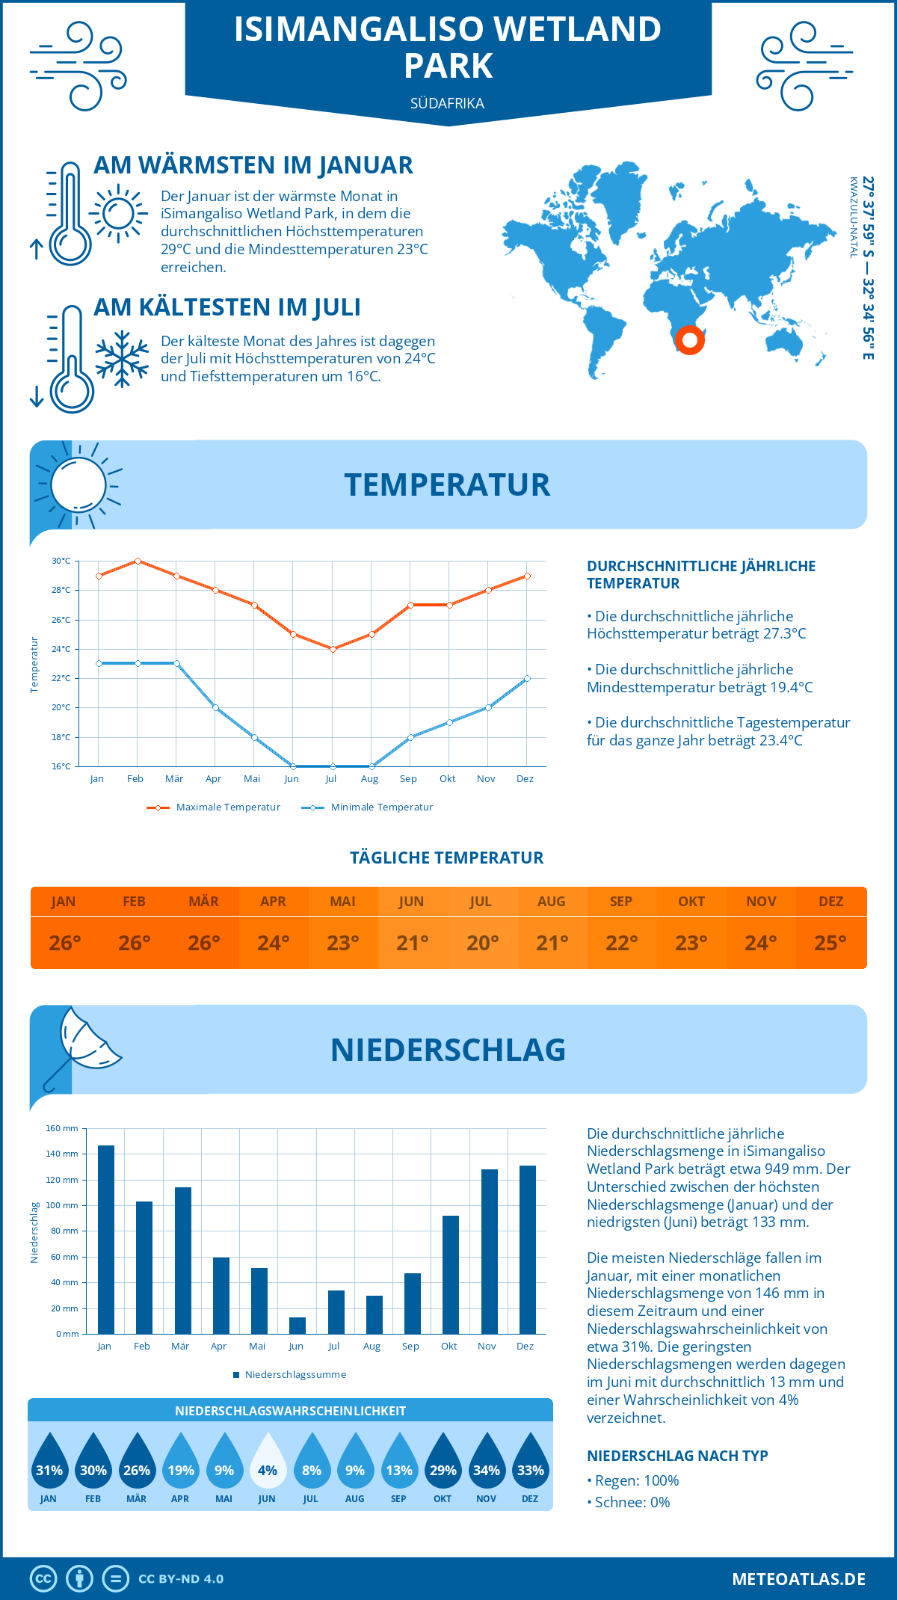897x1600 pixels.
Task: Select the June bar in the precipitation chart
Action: [x=298, y=1326]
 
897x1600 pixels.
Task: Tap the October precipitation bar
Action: [x=451, y=1275]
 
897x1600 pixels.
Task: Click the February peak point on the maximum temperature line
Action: [x=138, y=561]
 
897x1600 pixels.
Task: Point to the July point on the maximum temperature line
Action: [x=333, y=649]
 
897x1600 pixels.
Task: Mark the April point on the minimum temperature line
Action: [x=215, y=707]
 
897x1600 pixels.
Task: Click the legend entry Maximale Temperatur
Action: [x=215, y=807]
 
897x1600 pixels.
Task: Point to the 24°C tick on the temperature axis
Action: [x=61, y=649]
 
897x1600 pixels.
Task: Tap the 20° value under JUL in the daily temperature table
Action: [x=482, y=943]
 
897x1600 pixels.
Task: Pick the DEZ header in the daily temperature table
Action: [x=830, y=902]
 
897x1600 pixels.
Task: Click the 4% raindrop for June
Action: [x=268, y=1462]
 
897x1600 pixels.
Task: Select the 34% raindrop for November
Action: [x=487, y=1462]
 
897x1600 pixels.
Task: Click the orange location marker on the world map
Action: [x=689, y=340]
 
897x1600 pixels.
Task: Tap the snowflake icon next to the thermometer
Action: [x=122, y=359]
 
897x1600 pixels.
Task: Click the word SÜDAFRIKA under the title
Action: [x=447, y=103]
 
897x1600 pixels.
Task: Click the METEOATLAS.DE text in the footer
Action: [x=798, y=1579]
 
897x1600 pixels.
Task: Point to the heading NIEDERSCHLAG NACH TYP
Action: [x=677, y=1456]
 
